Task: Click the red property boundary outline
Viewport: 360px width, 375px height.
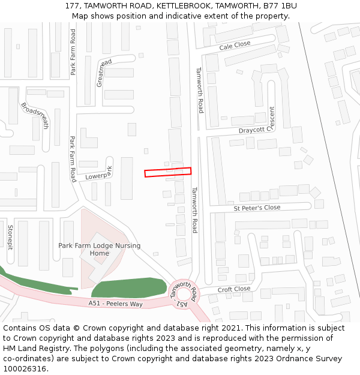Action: [167, 172]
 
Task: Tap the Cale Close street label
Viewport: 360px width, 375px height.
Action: [235, 46]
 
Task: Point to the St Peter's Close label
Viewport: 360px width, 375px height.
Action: [257, 208]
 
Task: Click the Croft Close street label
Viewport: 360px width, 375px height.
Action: [234, 289]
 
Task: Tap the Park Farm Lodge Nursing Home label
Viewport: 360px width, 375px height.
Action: [100, 250]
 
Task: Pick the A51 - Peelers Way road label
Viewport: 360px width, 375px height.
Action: [115, 304]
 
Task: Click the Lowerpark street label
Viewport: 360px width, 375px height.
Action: [99, 174]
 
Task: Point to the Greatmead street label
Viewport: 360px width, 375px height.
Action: [104, 73]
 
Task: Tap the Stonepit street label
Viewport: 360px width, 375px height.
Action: [10, 238]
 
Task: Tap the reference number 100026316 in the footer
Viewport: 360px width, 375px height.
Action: [25, 369]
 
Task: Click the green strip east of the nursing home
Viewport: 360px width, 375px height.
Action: [129, 287]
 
